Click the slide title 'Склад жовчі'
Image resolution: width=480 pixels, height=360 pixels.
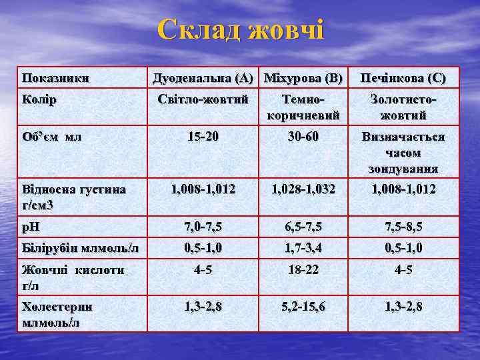coord(241,31)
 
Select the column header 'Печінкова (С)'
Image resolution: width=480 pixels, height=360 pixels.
coord(403,78)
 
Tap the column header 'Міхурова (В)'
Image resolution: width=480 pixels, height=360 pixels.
coord(303,78)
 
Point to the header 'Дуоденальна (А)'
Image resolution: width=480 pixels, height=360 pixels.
coord(203,78)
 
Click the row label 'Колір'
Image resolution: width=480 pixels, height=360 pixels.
coord(39,99)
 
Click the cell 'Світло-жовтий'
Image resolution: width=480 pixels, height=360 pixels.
coord(203,99)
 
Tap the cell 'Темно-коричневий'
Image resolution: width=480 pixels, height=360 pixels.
coord(303,107)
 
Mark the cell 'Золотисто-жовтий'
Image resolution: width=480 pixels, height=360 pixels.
coord(403,107)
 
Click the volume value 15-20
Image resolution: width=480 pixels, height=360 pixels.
coord(203,137)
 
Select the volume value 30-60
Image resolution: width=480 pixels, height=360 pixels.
coord(303,137)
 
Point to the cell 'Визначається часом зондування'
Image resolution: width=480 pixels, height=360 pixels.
coord(403,153)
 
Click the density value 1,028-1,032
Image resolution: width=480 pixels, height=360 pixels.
coord(303,189)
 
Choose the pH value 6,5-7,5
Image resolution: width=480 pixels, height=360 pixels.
coord(303,227)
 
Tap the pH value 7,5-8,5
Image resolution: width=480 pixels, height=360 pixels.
coord(403,227)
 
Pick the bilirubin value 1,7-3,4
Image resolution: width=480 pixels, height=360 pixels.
coord(303,249)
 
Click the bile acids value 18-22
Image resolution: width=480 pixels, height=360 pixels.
coord(303,271)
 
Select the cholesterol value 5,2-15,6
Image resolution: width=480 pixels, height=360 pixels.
coord(303,307)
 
